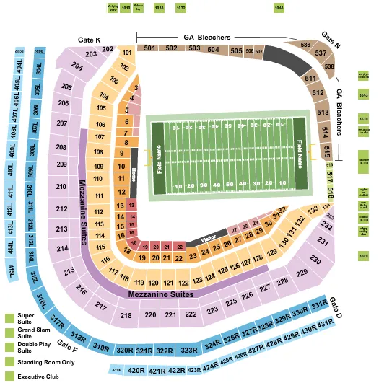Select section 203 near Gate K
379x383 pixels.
pos(91,54)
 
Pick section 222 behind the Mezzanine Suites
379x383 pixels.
pos(191,314)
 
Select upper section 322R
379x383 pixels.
pos(165,351)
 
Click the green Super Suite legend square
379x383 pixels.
pos(9,317)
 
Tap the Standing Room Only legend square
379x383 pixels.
pos(9,362)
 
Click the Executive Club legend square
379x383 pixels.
pos(9,376)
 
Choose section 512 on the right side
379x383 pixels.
pos(318,93)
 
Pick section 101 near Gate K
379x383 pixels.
pos(127,53)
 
